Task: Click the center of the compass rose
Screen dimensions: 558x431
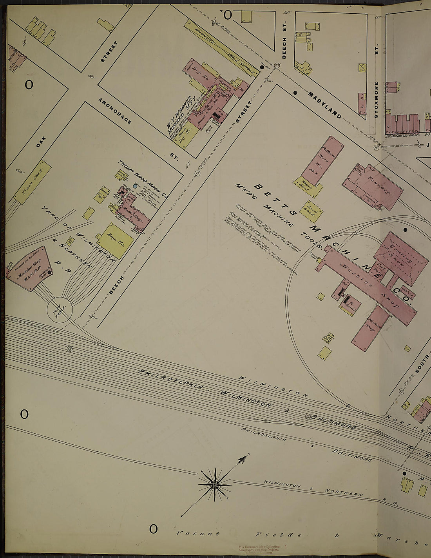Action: [x=215, y=485]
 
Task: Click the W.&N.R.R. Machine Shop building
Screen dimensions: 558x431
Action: [x=29, y=270]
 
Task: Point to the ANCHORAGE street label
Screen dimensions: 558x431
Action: [x=115, y=111]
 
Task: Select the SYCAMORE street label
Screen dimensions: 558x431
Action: [x=376, y=100]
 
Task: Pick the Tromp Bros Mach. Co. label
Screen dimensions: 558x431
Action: [x=143, y=180]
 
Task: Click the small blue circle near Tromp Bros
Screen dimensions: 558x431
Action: [x=135, y=186]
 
